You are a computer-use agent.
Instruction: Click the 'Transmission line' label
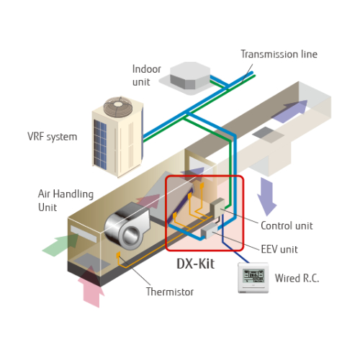tap(278, 54)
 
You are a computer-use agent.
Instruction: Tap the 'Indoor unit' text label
tap(146, 75)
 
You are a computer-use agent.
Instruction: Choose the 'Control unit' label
tap(286, 225)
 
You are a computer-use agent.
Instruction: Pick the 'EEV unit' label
tap(279, 249)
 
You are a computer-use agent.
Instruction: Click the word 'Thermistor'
tap(171, 292)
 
